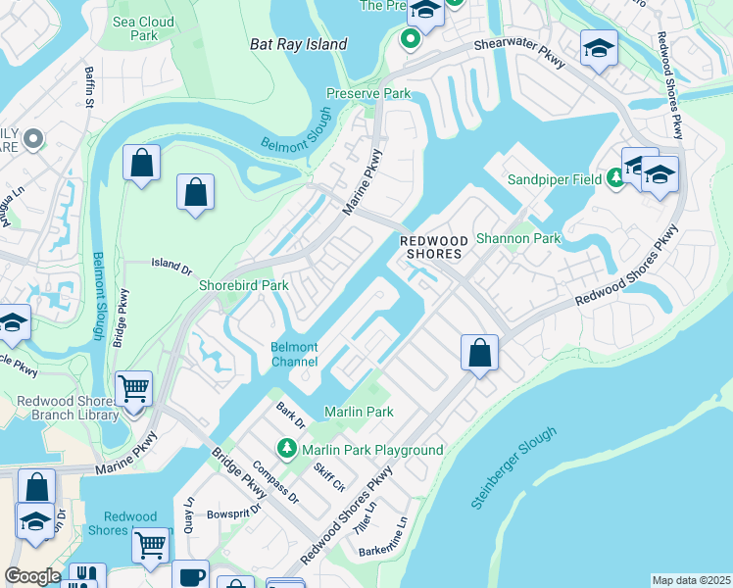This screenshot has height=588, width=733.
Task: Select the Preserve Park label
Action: tap(367, 94)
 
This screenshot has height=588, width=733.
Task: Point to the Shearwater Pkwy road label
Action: tap(521, 53)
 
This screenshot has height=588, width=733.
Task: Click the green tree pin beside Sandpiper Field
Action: tap(614, 177)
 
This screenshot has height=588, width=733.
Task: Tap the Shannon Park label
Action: tap(517, 238)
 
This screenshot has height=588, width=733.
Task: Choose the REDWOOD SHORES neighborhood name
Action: tap(430, 247)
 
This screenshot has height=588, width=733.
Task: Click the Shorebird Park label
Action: tap(243, 285)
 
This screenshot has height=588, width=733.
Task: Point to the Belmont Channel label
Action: tap(294, 355)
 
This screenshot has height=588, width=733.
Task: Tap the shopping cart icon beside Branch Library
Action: tap(132, 388)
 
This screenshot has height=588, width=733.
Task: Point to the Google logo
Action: tap(32, 576)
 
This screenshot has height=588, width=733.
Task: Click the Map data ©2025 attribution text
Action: tap(690, 580)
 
